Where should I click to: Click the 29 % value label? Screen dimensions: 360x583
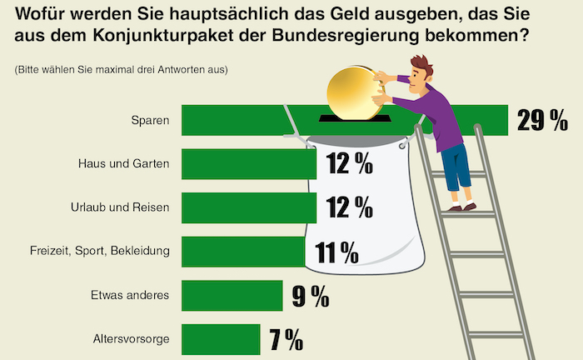pos(542,121)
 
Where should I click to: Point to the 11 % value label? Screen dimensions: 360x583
pos(336,251)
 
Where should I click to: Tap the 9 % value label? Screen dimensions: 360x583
pos(311,295)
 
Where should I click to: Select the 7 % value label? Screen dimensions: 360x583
pos(286,339)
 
